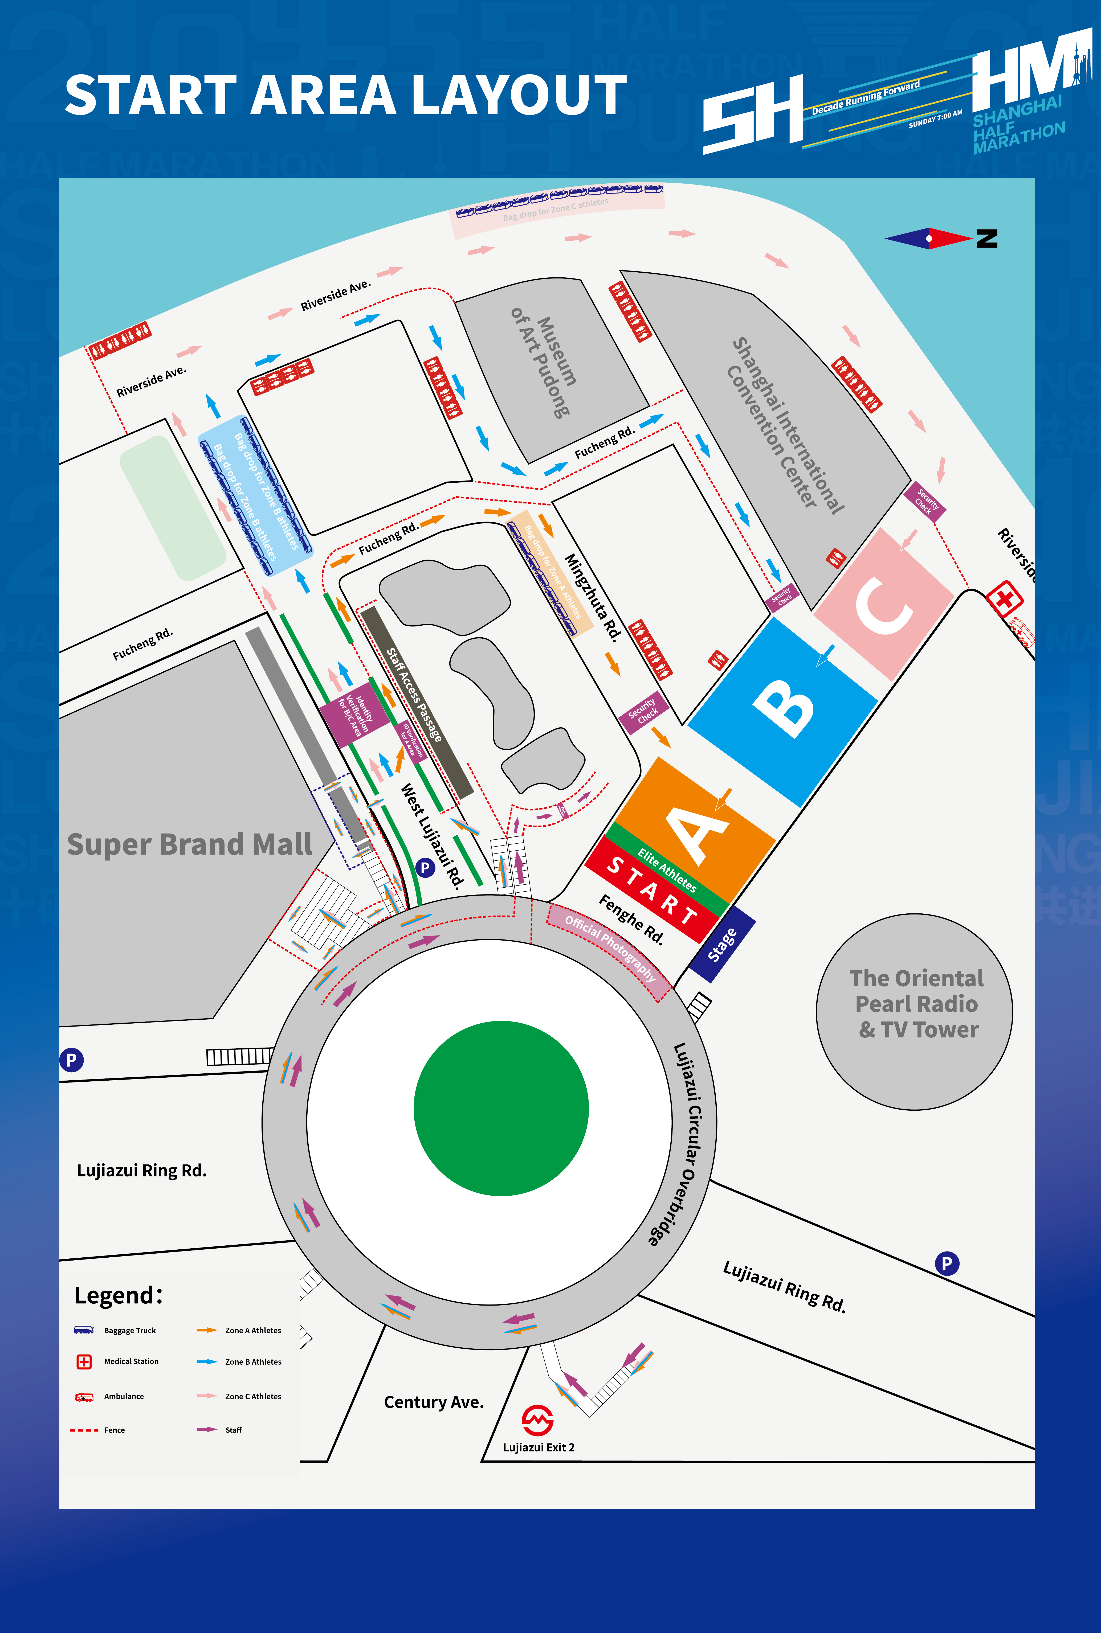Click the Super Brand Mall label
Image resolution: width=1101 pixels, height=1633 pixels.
tap(190, 844)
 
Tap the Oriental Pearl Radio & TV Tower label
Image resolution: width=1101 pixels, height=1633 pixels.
tap(916, 1003)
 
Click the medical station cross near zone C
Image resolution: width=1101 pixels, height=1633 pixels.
tap(1004, 599)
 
